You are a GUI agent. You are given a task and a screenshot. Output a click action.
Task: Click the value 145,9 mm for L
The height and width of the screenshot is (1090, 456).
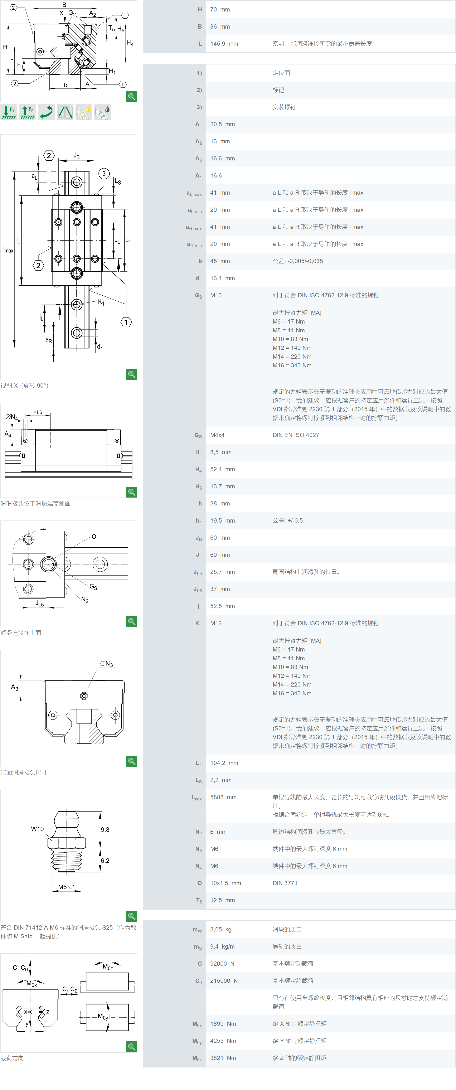[224, 44]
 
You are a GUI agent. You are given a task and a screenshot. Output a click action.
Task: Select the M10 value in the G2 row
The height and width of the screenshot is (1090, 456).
[216, 295]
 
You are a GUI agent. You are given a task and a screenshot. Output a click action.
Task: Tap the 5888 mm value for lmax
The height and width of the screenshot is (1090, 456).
[223, 797]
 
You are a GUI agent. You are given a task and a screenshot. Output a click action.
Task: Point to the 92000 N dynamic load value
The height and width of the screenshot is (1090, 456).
[222, 964]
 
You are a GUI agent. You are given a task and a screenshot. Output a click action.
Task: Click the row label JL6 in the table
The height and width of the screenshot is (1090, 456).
[198, 589]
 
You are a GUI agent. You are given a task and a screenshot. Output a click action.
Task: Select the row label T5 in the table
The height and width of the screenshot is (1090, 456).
[199, 900]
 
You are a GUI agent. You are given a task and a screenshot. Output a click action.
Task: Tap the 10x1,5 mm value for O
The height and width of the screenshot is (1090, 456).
[225, 883]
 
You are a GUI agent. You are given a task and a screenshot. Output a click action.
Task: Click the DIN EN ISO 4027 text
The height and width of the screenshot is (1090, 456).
[296, 435]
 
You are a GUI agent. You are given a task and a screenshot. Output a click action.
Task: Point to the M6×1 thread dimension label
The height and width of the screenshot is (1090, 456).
[66, 887]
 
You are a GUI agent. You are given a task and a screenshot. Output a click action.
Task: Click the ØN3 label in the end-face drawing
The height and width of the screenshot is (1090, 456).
[107, 664]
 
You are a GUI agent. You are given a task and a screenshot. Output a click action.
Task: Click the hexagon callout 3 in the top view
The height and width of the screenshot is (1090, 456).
[104, 174]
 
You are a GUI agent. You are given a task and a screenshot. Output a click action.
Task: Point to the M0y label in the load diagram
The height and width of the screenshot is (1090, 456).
[103, 1016]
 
